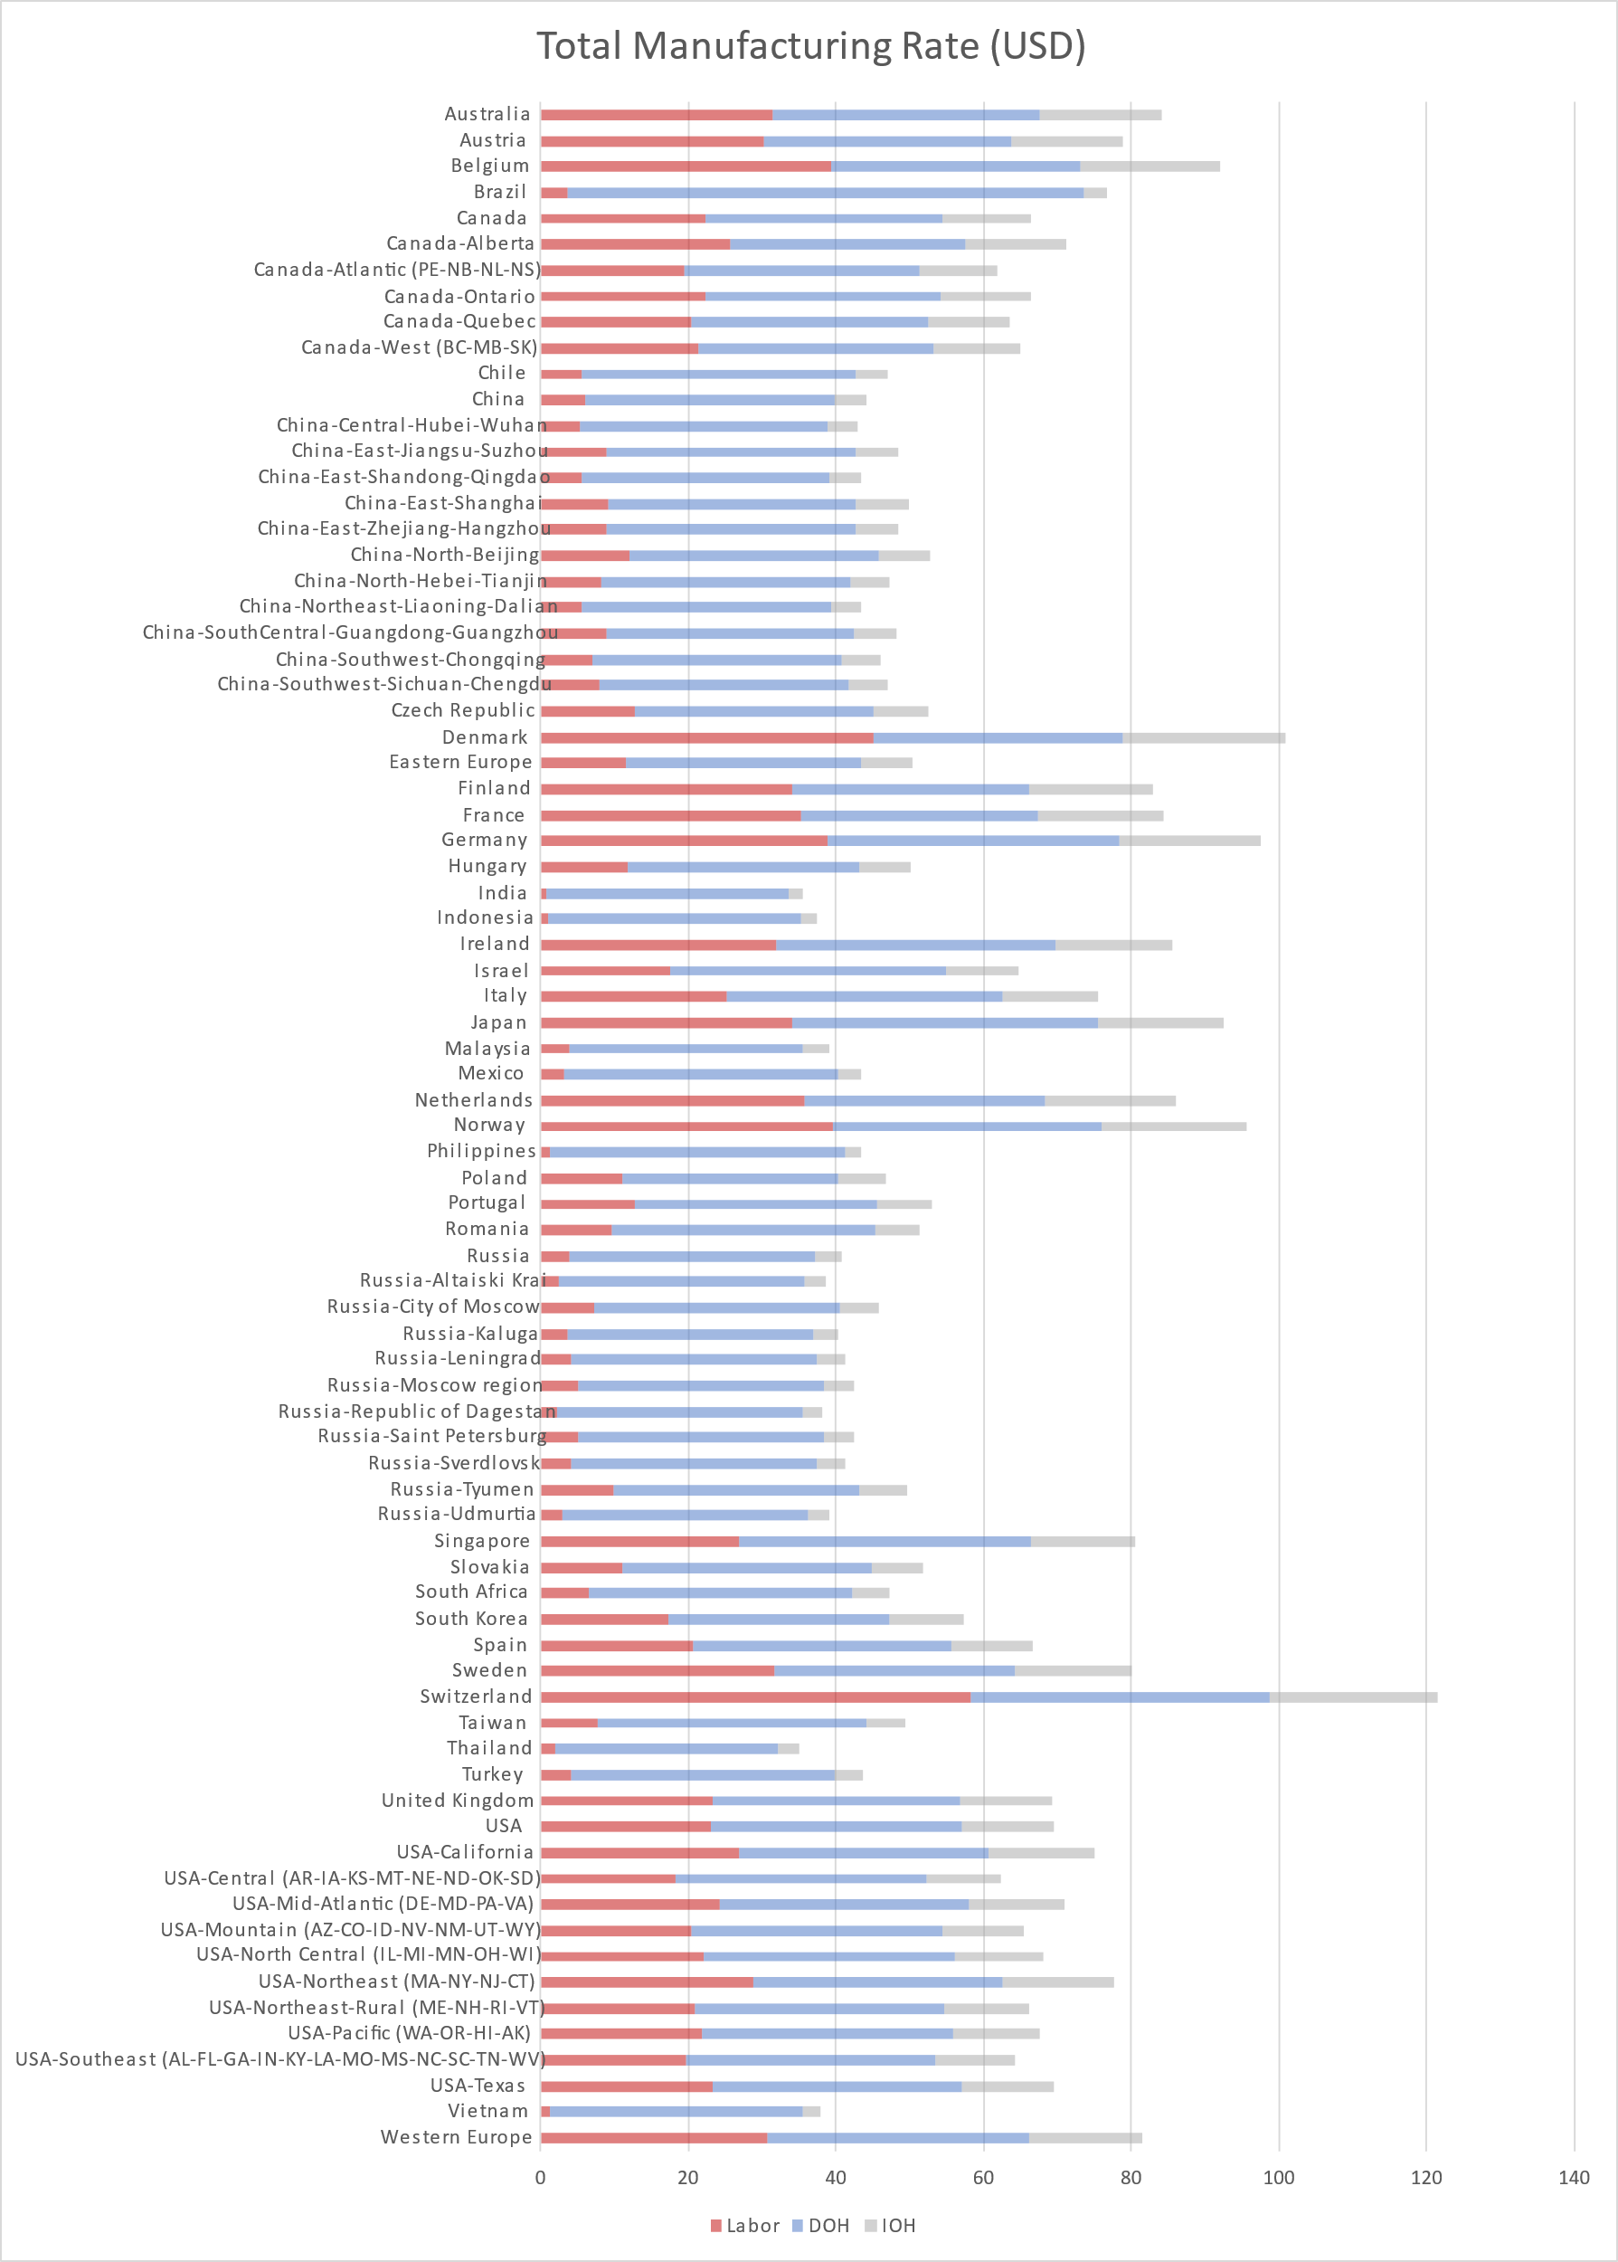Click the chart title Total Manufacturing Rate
[x=810, y=46]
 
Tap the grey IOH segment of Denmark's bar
[x=1204, y=738]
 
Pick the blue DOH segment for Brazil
[x=825, y=193]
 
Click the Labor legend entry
[x=744, y=2225]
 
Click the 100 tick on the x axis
[x=1278, y=2177]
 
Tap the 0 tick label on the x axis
[x=541, y=2177]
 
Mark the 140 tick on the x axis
[x=1573, y=2177]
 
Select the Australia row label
[x=487, y=115]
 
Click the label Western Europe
[x=457, y=2137]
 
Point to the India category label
[x=502, y=894]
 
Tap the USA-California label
[x=465, y=1852]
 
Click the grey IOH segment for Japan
[x=1159, y=1023]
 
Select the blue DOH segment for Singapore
[x=885, y=1542]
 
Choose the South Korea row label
[x=471, y=1620]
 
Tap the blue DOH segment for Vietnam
[x=676, y=2112]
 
